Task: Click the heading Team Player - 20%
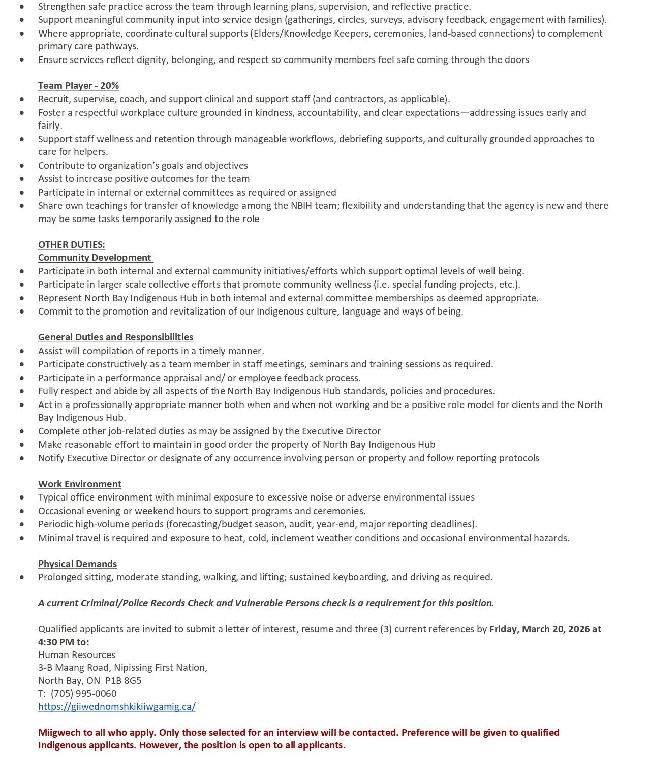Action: coord(78,85)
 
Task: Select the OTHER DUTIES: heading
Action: coord(72,244)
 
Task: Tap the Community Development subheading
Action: coord(95,258)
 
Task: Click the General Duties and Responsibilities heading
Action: coord(115,337)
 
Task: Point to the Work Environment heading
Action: coord(80,484)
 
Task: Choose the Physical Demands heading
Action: coord(77,564)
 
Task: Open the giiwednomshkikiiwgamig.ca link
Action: coord(117,706)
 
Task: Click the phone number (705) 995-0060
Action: coord(84,693)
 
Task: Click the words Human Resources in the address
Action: coord(77,654)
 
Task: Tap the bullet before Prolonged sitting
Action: coord(22,577)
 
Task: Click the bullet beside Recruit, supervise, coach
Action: coord(22,99)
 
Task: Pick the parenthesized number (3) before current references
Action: coord(386,629)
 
